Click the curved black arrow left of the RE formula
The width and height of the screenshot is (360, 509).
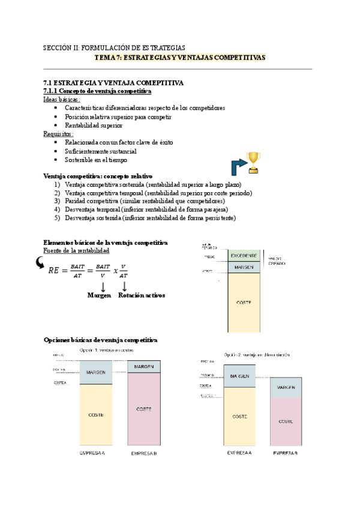click(x=40, y=262)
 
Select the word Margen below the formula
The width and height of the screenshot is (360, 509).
click(x=99, y=295)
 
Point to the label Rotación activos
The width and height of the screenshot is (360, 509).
click(x=142, y=295)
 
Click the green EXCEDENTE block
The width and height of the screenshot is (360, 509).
click(x=244, y=256)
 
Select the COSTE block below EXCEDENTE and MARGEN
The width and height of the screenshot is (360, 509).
click(x=244, y=302)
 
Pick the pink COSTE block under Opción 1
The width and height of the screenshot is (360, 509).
click(x=143, y=409)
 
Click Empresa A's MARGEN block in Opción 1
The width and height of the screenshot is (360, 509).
click(x=96, y=372)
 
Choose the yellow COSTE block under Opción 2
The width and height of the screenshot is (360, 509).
click(x=240, y=415)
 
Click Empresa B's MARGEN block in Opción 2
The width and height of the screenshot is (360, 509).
click(x=286, y=388)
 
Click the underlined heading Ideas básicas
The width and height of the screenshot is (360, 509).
click(x=62, y=99)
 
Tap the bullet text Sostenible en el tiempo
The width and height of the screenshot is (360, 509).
click(x=96, y=160)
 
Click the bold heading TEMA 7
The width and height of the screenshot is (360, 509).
click(x=180, y=58)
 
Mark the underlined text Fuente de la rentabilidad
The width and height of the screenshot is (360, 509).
click(x=77, y=250)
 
